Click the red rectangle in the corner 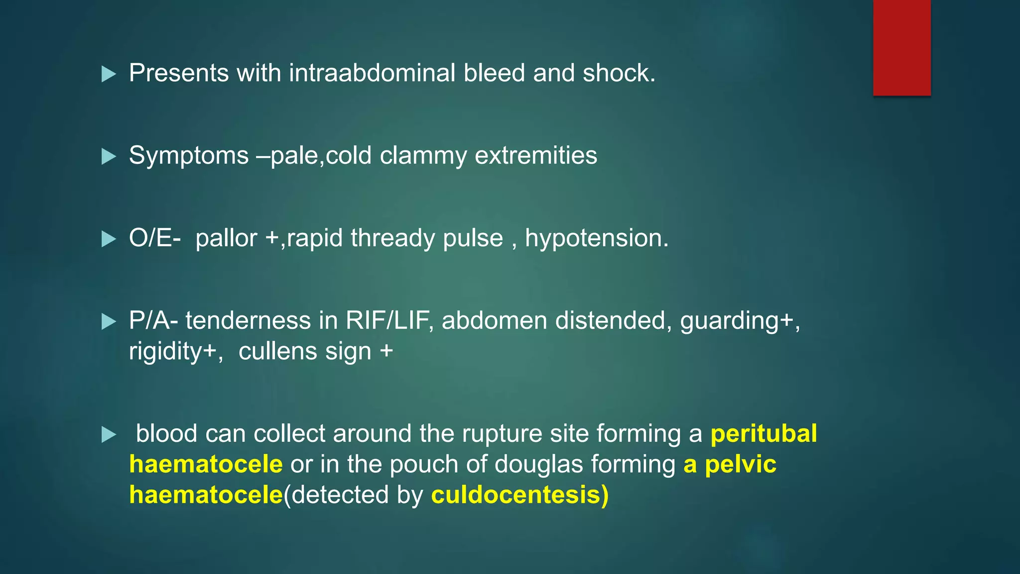(901, 48)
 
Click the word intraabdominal (372, 73)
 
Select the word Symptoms (189, 156)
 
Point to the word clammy (423, 156)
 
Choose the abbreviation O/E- (154, 238)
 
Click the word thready (392, 238)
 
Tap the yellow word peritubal (763, 434)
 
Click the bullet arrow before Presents (108, 74)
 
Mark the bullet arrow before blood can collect (108, 435)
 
